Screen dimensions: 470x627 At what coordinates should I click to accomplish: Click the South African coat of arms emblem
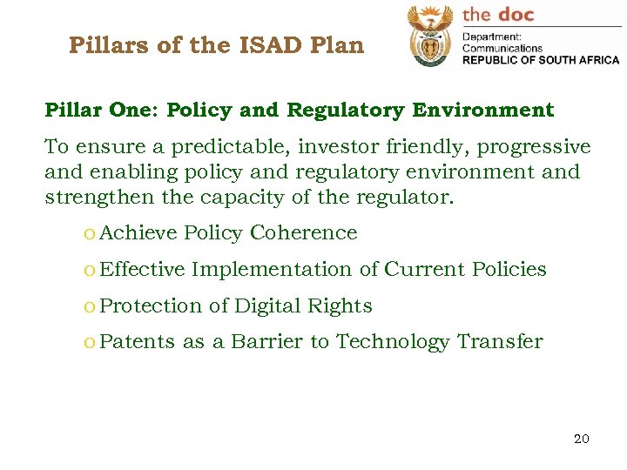(430, 37)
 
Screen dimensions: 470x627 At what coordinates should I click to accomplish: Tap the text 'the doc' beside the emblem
(498, 14)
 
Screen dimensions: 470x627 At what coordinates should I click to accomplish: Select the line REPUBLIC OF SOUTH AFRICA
(540, 60)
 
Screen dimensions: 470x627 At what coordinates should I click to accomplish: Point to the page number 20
(581, 439)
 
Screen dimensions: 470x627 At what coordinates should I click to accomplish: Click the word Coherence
(303, 233)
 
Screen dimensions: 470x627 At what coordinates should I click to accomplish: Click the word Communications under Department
(502, 48)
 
